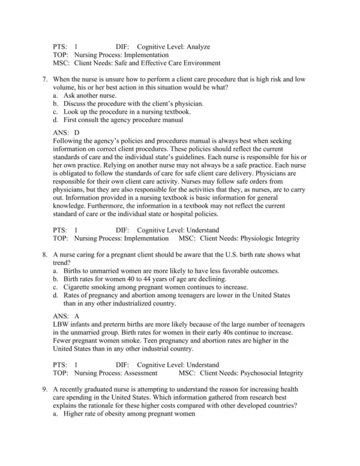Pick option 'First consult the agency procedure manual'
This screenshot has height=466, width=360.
point(123,120)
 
